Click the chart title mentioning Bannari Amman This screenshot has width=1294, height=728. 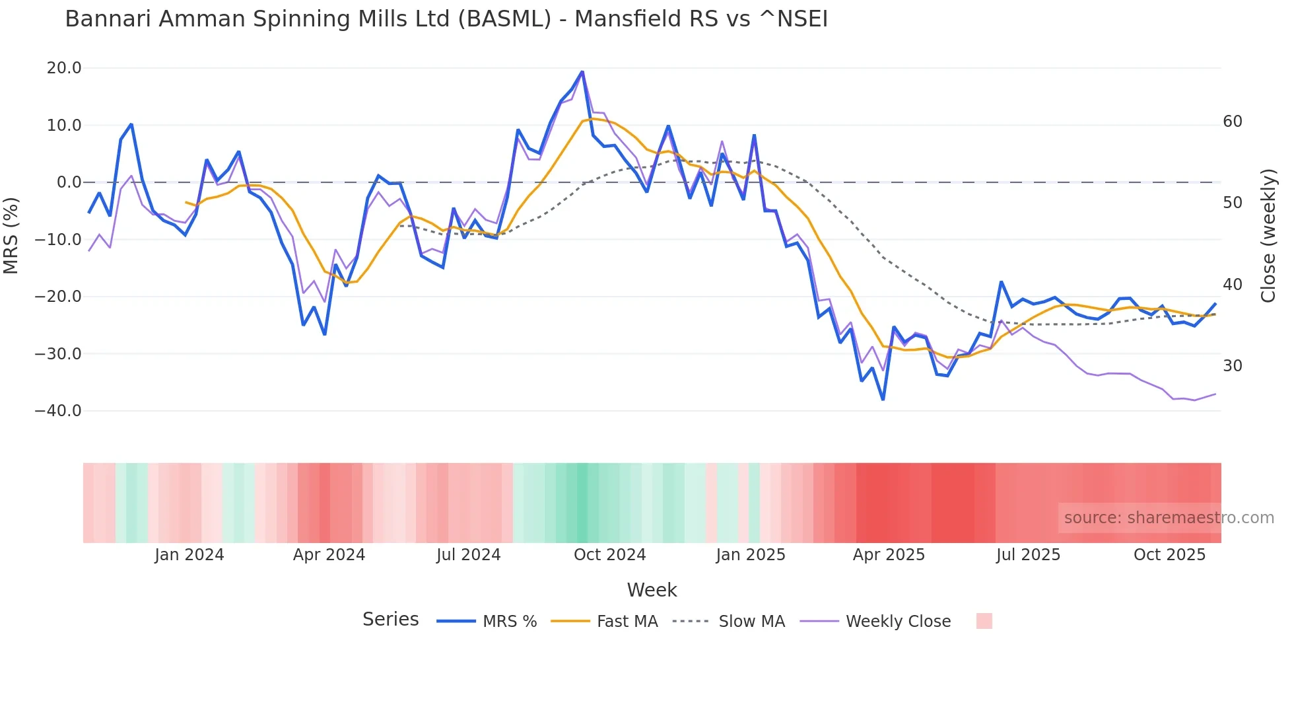pos(446,19)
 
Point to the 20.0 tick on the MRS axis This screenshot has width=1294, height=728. pos(64,68)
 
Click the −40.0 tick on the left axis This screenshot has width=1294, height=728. pos(58,411)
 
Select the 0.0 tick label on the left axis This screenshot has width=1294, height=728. pos(69,182)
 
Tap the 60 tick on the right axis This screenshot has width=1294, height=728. pos(1233,122)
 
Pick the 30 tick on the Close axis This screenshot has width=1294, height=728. pos(1233,366)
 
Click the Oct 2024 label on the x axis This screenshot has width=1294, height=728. pos(609,555)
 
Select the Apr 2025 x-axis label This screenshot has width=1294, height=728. pos(889,555)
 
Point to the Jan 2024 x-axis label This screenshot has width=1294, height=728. pos(189,555)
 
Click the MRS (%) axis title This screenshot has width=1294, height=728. pos(11,235)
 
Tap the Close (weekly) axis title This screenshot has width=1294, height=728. pos(1268,236)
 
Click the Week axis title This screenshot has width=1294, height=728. pos(652,590)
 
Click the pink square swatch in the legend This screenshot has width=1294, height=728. pos(984,621)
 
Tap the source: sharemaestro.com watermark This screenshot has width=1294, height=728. pos(1169,518)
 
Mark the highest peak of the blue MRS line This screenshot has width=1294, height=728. pos(582,71)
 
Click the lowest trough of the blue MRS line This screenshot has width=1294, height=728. pos(883,400)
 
